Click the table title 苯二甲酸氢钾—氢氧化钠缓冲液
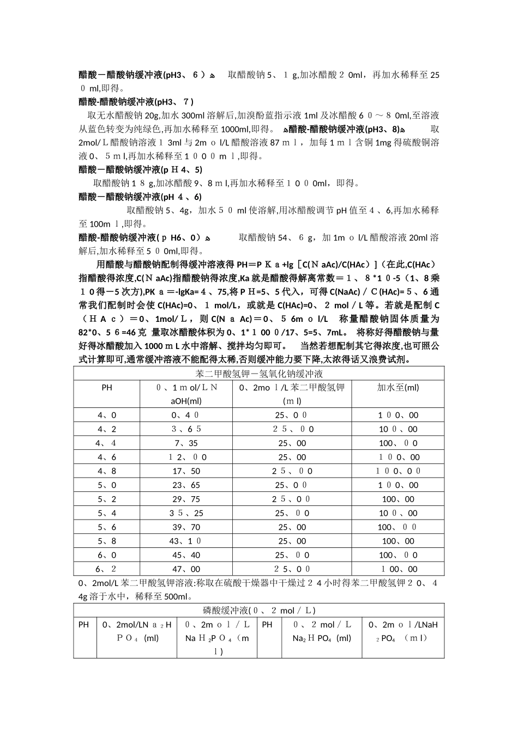click(x=258, y=374)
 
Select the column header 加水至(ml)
click(x=397, y=387)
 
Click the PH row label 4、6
click(x=107, y=457)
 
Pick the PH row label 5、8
click(x=107, y=541)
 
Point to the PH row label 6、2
click(x=107, y=569)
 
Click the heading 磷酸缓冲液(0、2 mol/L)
click(x=258, y=611)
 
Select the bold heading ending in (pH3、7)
click(x=136, y=102)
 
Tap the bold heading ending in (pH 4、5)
click(x=140, y=170)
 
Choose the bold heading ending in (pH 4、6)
click(x=140, y=197)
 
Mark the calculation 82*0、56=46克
click(x=112, y=333)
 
